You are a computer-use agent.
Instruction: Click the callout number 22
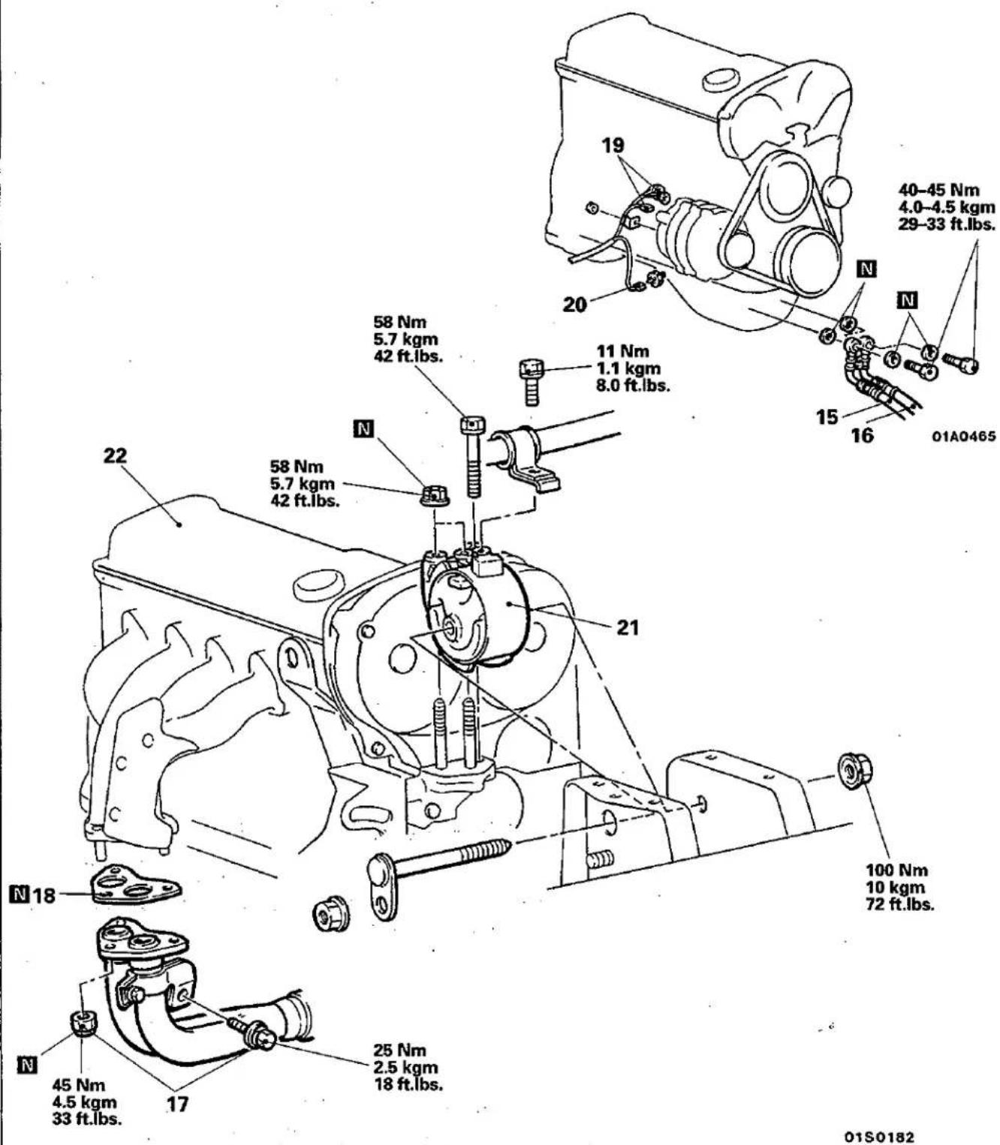[115, 455]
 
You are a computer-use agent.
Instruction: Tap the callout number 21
[628, 627]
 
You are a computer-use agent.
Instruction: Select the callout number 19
[613, 146]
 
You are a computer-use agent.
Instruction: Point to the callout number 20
[574, 305]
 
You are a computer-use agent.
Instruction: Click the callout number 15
[827, 417]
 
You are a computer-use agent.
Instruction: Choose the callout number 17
[177, 1104]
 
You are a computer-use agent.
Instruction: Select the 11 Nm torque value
[622, 351]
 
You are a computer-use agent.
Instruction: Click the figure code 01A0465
[964, 436]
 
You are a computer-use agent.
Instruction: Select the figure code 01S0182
[878, 1122]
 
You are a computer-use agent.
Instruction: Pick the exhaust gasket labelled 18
[135, 885]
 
